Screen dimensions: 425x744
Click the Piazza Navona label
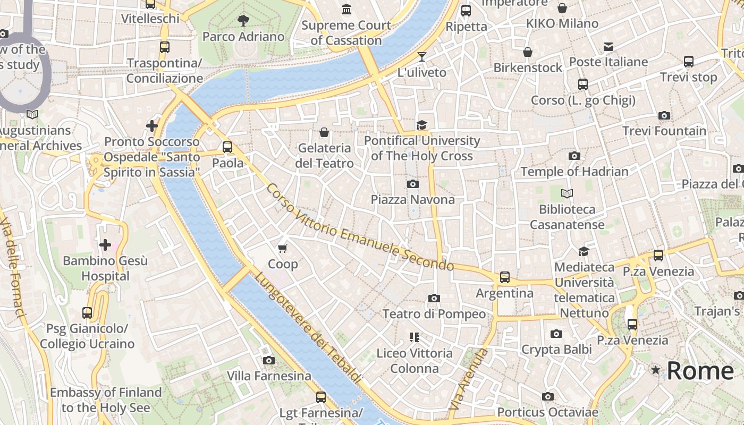click(x=412, y=200)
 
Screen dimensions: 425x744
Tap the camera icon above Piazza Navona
click(x=412, y=184)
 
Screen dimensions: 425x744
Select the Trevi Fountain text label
click(x=664, y=131)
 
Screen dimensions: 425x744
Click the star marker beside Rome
click(x=656, y=370)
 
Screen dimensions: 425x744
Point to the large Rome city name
click(x=700, y=371)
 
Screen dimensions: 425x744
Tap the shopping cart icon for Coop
click(x=283, y=248)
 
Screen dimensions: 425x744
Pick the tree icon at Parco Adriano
click(x=243, y=21)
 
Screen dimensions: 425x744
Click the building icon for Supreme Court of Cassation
click(x=346, y=9)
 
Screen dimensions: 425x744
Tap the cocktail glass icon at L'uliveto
click(x=422, y=57)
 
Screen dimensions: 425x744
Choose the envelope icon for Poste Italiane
click(x=608, y=47)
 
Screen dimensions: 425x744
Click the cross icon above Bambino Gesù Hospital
click(x=105, y=244)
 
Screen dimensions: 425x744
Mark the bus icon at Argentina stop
click(x=504, y=277)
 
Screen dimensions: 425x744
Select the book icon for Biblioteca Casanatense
click(x=567, y=193)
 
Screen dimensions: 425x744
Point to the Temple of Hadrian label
click(x=574, y=172)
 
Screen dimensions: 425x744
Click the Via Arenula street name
click(x=468, y=379)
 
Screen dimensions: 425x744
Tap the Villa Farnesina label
click(x=269, y=376)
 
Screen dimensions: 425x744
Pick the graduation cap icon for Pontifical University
click(x=422, y=125)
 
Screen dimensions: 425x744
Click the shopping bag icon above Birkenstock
click(x=528, y=52)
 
